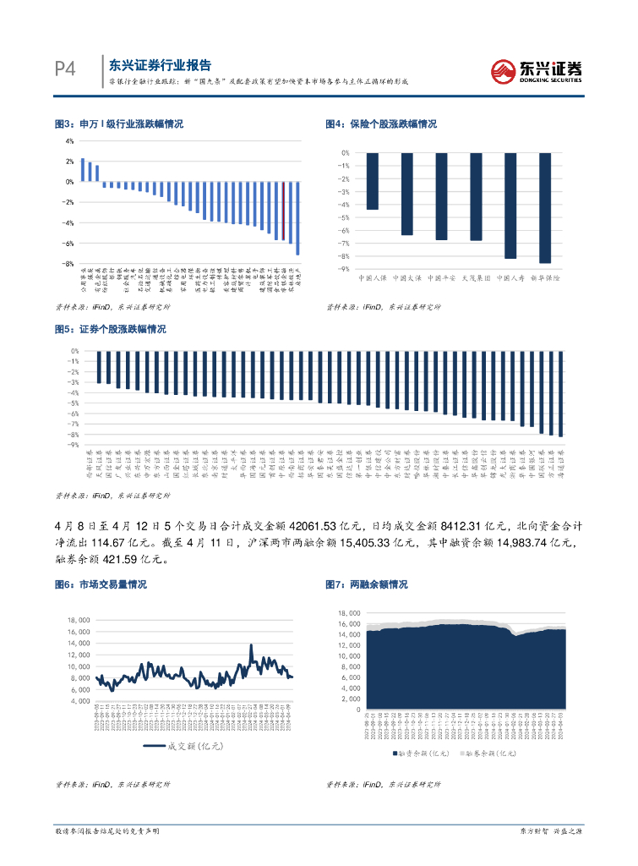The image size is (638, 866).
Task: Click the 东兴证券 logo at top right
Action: [537, 70]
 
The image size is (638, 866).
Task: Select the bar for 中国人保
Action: [373, 181]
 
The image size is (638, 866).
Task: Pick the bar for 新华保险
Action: [544, 207]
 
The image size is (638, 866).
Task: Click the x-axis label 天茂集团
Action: [476, 277]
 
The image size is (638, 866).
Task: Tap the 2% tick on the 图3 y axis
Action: [71, 161]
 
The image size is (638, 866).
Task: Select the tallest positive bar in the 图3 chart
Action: [83, 169]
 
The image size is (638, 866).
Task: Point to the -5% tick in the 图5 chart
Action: [74, 403]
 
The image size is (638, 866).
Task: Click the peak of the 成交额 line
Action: [251, 645]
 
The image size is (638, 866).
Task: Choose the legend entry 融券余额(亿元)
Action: [489, 751]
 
